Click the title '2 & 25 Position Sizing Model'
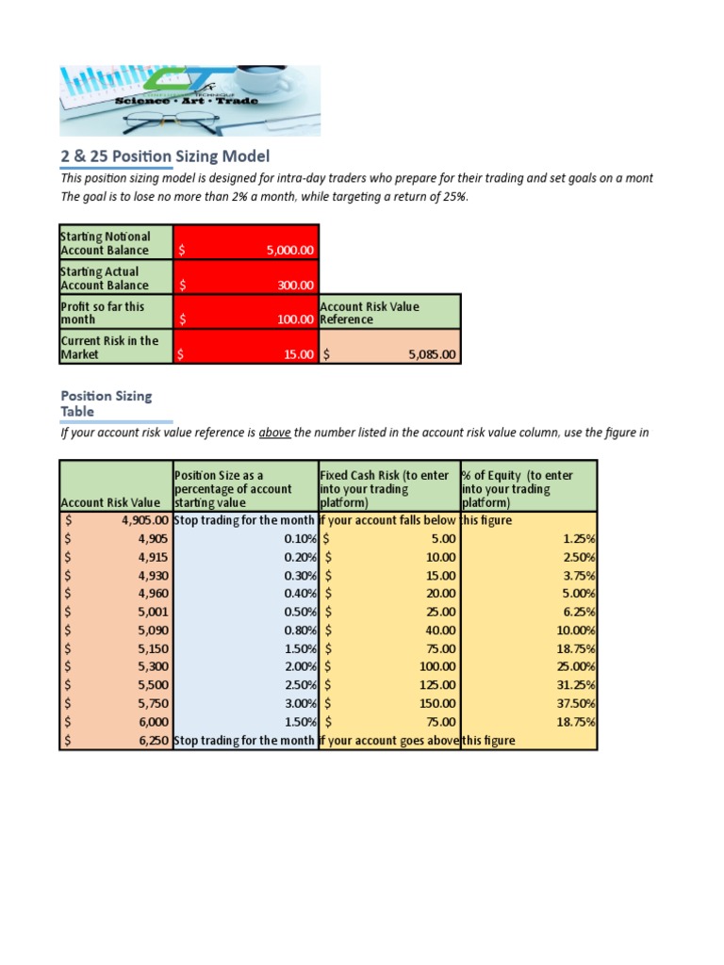[165, 155]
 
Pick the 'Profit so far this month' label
[103, 313]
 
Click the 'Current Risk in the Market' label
[109, 347]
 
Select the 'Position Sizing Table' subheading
[106, 403]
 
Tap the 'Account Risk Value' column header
[110, 503]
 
